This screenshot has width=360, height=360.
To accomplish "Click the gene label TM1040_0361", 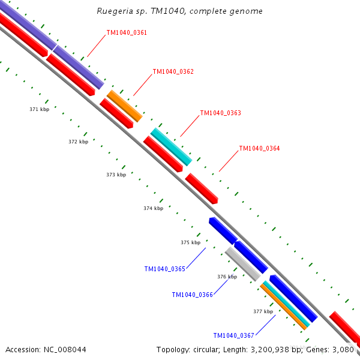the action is coord(127,32).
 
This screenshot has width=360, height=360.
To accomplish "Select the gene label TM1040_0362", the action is coord(173,71).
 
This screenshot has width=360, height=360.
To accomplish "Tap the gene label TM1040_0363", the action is coord(220,113).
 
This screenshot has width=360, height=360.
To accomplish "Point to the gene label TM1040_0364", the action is coord(259,148).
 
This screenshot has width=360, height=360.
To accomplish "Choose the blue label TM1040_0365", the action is coord(164,269).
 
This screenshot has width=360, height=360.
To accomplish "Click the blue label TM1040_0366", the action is coord(192,295).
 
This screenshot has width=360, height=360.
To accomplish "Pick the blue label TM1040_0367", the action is coord(233,335).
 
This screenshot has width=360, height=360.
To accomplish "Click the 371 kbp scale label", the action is coord(39,109).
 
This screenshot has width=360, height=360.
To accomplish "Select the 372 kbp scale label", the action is coord(78,142).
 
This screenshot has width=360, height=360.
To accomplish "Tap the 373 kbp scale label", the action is coord(116,175).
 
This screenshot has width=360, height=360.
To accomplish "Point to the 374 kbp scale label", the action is coord(153,208).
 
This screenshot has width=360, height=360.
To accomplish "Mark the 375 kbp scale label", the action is coord(190,242).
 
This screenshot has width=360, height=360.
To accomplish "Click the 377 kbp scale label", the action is coord(263,311).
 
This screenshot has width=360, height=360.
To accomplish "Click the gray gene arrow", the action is coord(242,263).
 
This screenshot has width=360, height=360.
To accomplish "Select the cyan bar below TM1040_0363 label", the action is coord(171,146).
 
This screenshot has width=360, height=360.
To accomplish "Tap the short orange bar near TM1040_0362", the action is coord(124,106).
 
